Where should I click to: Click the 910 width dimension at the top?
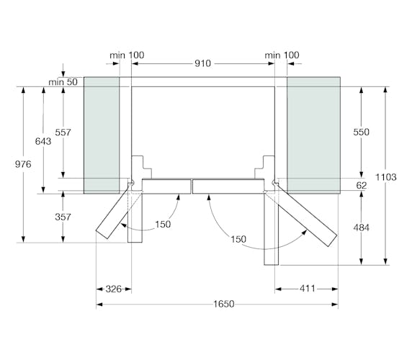click(202, 63)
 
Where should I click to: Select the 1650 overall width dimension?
click(223, 304)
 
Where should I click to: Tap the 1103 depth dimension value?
click(385, 177)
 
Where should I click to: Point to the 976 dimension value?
click(23, 164)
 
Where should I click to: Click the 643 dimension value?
click(43, 142)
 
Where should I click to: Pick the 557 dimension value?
click(63, 132)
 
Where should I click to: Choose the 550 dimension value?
click(362, 132)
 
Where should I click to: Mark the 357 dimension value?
click(63, 217)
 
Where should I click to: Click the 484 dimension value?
click(362, 228)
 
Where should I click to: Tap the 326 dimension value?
click(114, 289)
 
